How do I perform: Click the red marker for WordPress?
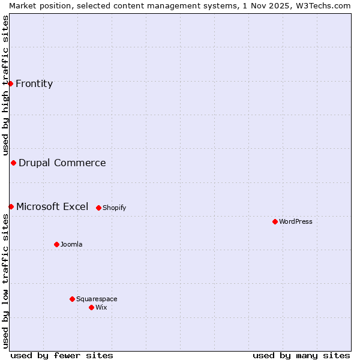tap(275, 221)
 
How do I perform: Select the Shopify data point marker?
tap(98, 208)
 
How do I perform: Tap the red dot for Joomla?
tap(56, 244)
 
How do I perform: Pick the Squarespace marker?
tap(72, 299)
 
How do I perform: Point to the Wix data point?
tap(91, 307)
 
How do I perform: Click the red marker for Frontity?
tap(10, 83)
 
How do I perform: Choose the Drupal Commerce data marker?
tap(13, 163)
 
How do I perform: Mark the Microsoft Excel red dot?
tap(11, 206)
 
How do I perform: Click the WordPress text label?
tap(296, 221)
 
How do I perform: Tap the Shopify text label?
tap(115, 208)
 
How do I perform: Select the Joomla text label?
tap(71, 244)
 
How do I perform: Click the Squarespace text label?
tap(97, 299)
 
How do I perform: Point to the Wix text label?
tap(101, 307)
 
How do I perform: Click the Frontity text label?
tap(34, 83)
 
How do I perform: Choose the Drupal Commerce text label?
tap(62, 163)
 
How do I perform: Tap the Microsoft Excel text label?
tap(52, 206)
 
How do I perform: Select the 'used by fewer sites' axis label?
tap(62, 355)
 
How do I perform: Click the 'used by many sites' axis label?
tap(301, 355)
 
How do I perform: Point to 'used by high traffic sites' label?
tap(5, 86)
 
